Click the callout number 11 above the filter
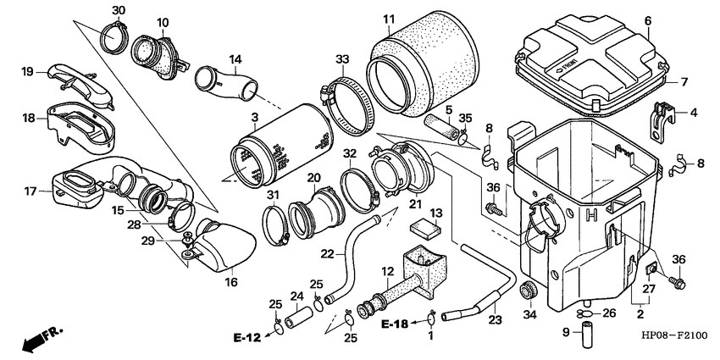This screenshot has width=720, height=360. [388, 19]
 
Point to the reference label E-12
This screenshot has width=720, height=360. [250, 337]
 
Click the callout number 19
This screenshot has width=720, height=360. [27, 71]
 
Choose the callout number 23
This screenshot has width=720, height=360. [494, 320]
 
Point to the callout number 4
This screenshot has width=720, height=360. [693, 112]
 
